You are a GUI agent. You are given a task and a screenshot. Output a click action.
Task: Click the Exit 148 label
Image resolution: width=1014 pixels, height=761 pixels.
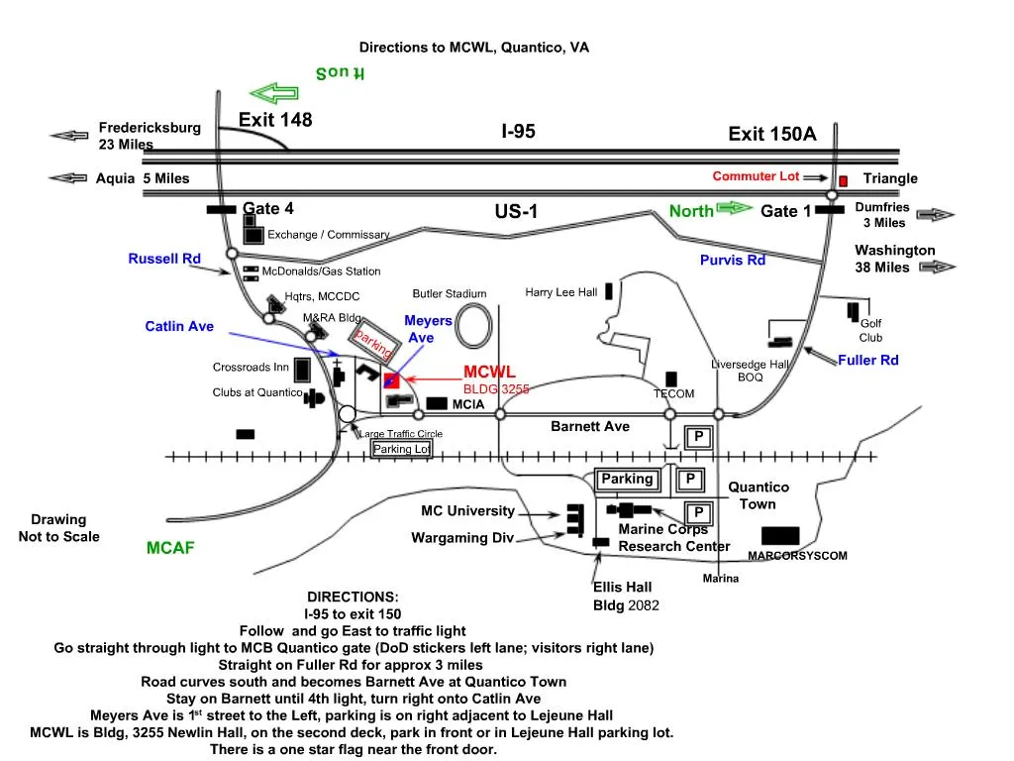pyautogui.click(x=275, y=121)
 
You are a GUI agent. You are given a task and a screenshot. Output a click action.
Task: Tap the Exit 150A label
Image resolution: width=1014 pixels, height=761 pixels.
pyautogui.click(x=772, y=135)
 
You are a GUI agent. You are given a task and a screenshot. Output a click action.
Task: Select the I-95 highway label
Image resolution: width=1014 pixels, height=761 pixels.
pyautogui.click(x=518, y=131)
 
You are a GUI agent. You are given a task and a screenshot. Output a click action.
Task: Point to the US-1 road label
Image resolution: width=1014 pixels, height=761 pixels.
pyautogui.click(x=515, y=211)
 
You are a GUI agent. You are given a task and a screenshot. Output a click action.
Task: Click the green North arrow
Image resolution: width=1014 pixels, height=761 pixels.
pyautogui.click(x=735, y=208)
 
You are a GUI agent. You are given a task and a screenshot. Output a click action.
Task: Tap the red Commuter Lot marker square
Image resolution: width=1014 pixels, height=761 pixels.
pyautogui.click(x=844, y=181)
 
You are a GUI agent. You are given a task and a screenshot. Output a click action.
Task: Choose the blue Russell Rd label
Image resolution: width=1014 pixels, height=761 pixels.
pyautogui.click(x=164, y=259)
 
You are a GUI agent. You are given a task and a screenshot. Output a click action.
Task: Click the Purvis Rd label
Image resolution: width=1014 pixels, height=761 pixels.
pyautogui.click(x=733, y=261)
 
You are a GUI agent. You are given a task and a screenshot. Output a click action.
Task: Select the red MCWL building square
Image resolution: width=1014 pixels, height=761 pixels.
pyautogui.click(x=391, y=380)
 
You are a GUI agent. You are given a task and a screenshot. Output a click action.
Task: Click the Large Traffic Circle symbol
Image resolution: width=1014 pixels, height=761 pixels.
pyautogui.click(x=348, y=414)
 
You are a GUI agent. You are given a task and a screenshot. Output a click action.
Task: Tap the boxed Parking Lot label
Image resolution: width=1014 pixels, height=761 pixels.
pyautogui.click(x=402, y=449)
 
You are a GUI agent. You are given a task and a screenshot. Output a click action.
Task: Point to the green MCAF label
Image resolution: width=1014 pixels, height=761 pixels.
pyautogui.click(x=170, y=547)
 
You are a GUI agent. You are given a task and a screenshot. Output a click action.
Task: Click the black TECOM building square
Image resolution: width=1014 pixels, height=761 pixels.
pyautogui.click(x=671, y=379)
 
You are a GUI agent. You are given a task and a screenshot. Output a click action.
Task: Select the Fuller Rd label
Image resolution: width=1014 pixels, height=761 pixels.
pyautogui.click(x=868, y=361)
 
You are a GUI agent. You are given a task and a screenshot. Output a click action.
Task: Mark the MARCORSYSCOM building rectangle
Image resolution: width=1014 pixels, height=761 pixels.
pyautogui.click(x=780, y=536)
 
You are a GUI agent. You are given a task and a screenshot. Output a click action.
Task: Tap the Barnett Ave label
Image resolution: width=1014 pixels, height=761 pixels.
pyautogui.click(x=590, y=427)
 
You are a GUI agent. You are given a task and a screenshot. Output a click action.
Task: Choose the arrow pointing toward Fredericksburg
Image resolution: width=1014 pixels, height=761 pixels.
pyautogui.click(x=69, y=136)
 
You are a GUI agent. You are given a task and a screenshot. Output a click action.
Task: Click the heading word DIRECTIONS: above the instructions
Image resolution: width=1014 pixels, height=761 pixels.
pyautogui.click(x=353, y=597)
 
